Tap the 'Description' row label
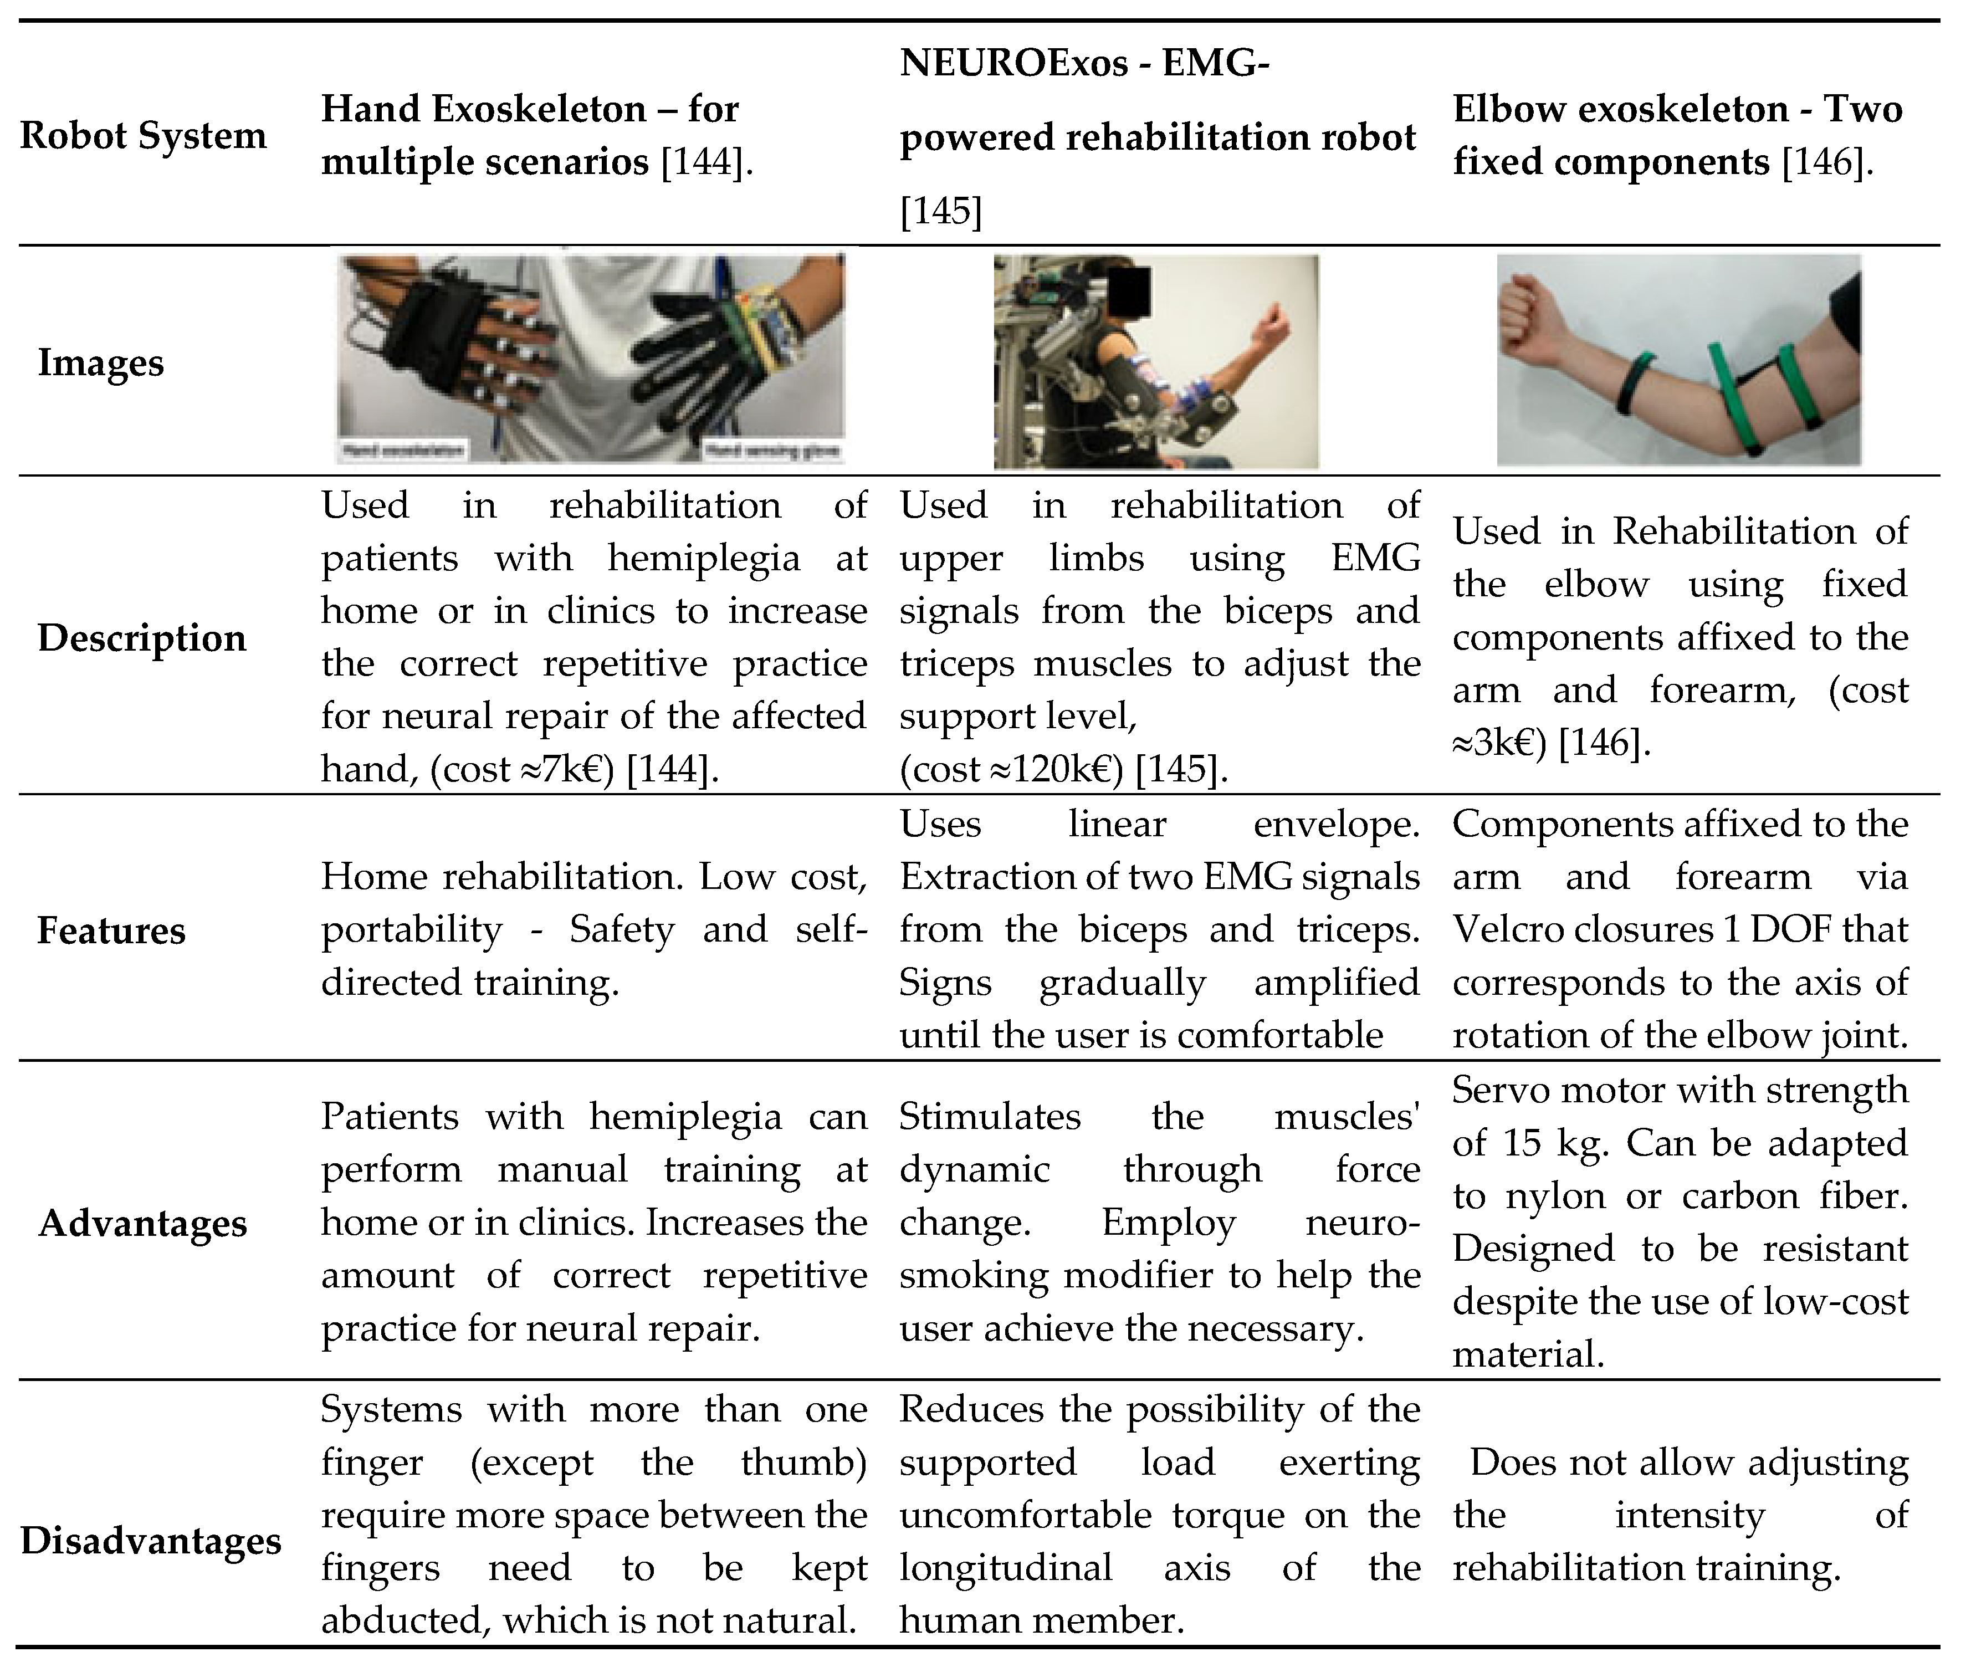pyautogui.click(x=142, y=638)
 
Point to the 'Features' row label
pyautogui.click(x=111, y=931)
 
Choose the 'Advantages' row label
pyautogui.click(x=142, y=1223)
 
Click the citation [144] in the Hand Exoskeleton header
pyautogui.click(x=703, y=162)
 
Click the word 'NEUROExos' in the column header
pyautogui.click(x=1014, y=63)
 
